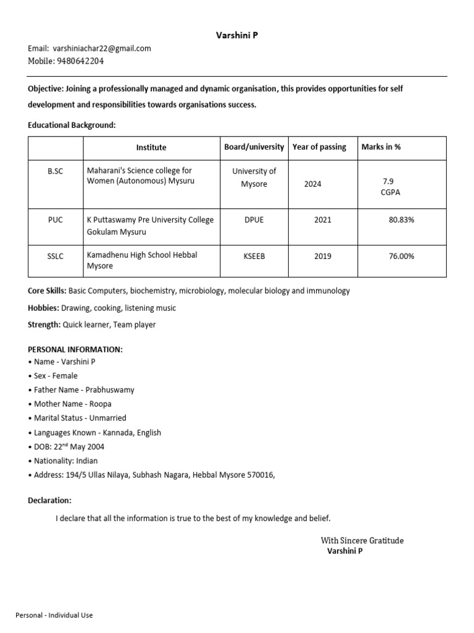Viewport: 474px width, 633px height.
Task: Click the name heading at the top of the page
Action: click(x=237, y=36)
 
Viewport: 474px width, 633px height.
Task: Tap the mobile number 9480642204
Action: click(x=80, y=61)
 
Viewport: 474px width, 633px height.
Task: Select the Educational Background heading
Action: click(x=72, y=125)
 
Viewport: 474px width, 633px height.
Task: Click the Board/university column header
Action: click(x=254, y=147)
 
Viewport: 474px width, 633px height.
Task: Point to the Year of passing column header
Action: click(x=319, y=147)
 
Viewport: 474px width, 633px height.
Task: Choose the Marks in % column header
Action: click(x=381, y=147)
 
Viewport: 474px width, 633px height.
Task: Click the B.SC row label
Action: click(x=56, y=171)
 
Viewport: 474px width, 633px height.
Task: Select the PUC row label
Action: click(x=56, y=220)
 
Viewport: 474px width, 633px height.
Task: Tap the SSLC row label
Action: click(x=56, y=256)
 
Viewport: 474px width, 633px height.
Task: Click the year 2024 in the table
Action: click(x=312, y=184)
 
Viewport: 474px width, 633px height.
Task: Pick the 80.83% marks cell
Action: click(x=401, y=220)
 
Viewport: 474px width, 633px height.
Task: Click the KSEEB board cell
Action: click(x=254, y=256)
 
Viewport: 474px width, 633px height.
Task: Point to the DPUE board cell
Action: click(x=254, y=220)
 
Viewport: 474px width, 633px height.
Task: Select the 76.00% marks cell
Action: click(x=401, y=256)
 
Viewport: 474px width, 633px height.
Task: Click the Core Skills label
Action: click(x=47, y=291)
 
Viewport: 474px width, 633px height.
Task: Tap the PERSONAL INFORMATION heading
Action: click(x=75, y=350)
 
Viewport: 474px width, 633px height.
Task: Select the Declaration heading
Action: click(x=50, y=500)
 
